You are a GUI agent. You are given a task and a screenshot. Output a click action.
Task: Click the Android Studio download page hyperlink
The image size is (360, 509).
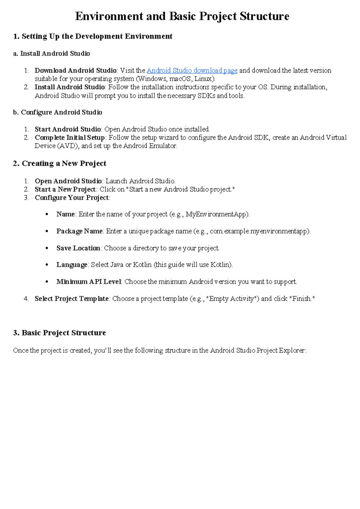point(192,71)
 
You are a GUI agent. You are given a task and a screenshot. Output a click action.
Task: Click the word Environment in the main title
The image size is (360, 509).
point(109,16)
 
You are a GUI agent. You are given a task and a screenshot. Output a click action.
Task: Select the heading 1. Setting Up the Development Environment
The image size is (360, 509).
point(93,36)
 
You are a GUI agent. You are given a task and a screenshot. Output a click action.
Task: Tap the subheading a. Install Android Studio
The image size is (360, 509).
point(52,53)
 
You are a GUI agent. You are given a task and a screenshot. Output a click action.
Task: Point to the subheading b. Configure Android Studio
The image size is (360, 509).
point(58,112)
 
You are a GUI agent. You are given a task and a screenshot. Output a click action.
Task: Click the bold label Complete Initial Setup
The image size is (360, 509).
point(70,137)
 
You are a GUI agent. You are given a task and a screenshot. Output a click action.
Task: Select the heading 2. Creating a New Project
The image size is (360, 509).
point(59,163)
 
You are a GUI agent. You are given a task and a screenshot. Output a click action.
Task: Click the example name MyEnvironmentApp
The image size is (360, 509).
point(217,214)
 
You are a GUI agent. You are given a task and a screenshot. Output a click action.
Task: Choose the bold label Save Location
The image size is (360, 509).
point(78,248)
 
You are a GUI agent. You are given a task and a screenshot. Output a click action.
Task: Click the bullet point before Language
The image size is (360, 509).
point(46,265)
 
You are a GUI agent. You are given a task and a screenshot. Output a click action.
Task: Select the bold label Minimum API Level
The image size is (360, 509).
point(89,282)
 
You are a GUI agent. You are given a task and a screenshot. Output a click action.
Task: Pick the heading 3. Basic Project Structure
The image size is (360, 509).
point(59,333)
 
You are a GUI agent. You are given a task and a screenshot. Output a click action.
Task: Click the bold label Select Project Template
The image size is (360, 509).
point(72,299)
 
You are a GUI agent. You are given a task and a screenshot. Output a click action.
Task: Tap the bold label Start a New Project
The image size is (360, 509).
point(65,189)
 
